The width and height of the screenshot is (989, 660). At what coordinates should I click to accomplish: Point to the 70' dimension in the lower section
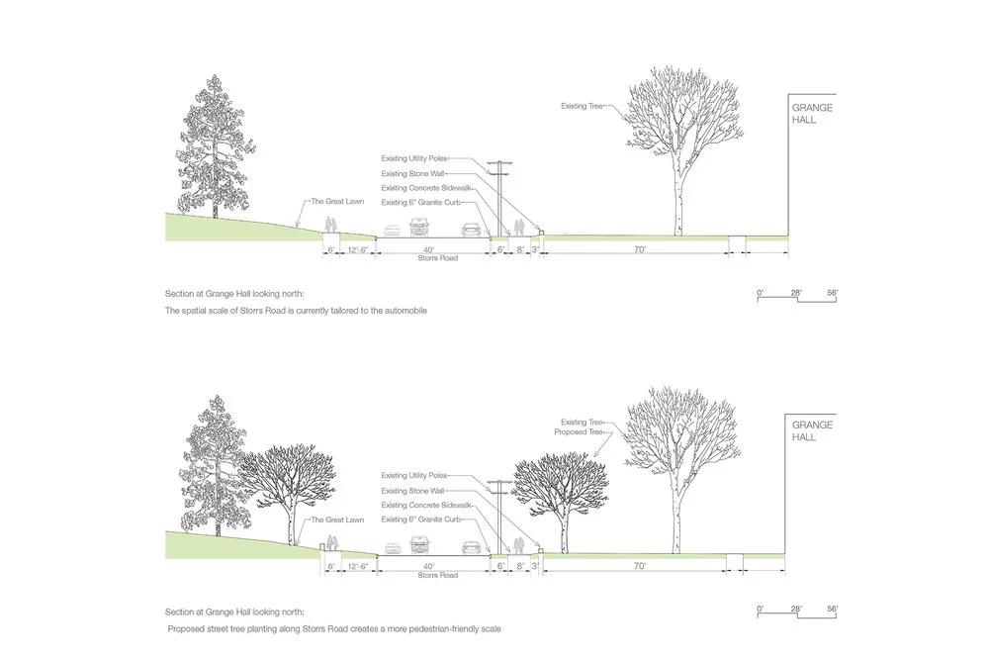[x=640, y=566]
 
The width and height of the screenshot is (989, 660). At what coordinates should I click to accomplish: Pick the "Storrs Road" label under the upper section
[x=428, y=259]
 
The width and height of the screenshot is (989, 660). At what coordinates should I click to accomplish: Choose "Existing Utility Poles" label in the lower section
[x=414, y=476]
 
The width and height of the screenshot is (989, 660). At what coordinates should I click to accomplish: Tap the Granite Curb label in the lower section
[x=421, y=519]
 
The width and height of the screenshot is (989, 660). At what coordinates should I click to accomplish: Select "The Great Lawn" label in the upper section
[x=332, y=202]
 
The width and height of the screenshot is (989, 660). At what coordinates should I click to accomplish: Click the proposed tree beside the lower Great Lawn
[x=291, y=485]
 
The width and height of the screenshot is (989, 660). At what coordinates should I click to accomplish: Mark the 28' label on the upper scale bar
[x=797, y=292]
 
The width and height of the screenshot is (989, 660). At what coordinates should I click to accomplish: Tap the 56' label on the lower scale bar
[x=832, y=609]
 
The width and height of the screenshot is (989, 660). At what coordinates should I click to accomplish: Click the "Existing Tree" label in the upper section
[x=583, y=104]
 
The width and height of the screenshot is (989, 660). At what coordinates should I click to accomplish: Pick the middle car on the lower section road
[x=422, y=545]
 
